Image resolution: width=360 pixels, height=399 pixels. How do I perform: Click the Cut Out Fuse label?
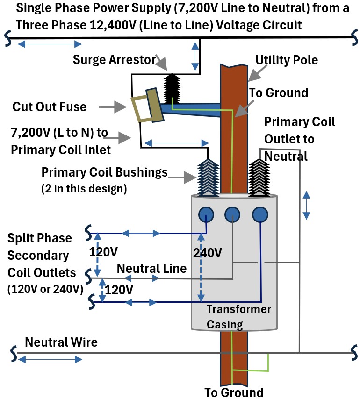[49, 107]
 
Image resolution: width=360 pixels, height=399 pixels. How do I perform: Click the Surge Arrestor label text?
[114, 60]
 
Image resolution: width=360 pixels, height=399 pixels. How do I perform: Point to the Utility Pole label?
[287, 60]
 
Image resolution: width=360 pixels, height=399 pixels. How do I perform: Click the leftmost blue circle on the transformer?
[206, 214]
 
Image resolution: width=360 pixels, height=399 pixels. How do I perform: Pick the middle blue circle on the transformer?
[233, 214]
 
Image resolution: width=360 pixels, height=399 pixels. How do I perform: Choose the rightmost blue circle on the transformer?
[259, 214]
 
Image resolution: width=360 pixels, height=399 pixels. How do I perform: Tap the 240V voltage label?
[207, 253]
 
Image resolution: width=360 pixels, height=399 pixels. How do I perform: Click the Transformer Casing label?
[238, 317]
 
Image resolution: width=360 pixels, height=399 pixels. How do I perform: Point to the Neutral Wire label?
[61, 342]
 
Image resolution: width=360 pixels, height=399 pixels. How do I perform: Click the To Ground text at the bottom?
[234, 392]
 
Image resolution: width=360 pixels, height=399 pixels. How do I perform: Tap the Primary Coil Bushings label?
[104, 172]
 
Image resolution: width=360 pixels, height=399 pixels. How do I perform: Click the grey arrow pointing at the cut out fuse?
[115, 107]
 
